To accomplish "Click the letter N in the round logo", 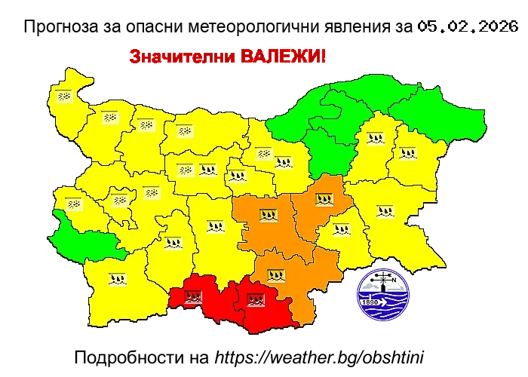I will point(394,277).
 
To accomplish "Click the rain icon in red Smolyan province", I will point(193,296).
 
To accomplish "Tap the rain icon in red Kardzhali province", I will point(256,299).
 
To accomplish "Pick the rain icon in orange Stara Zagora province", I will point(267,215).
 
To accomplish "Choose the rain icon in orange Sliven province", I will point(325,201).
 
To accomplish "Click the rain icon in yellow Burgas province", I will point(385,211).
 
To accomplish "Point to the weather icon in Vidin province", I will point(64,96).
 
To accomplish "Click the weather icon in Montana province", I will point(110,117).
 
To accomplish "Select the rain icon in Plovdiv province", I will point(216,225).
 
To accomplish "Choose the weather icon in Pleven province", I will point(185,130).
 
